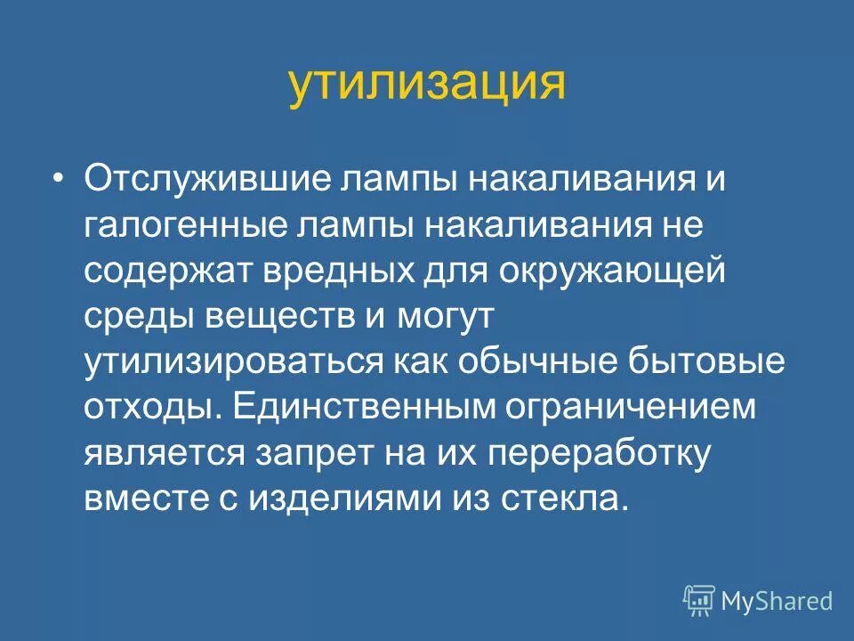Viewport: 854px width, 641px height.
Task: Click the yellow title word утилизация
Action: [x=427, y=85]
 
